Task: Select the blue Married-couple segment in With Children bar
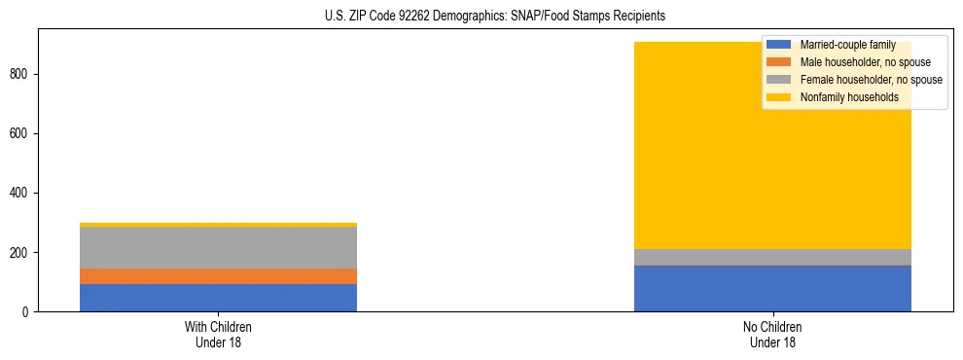point(218,298)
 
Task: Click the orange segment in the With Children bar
point(218,276)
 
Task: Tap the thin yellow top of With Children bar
point(218,225)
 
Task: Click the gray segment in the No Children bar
point(772,257)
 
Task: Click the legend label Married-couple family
point(847,45)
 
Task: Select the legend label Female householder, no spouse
point(871,80)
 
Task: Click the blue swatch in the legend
point(779,45)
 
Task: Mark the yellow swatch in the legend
point(779,97)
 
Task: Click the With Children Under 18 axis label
point(218,335)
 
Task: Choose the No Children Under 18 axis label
point(772,335)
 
